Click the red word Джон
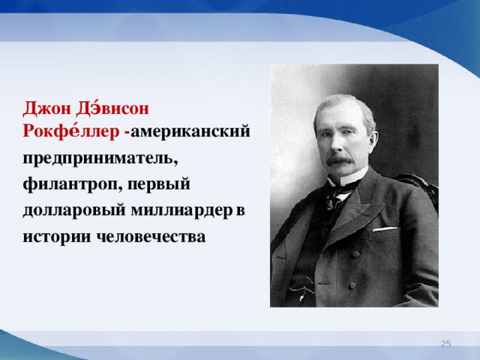coord(46,107)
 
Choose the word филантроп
coord(70,184)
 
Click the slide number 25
coord(445,343)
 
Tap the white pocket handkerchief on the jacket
coord(385,228)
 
